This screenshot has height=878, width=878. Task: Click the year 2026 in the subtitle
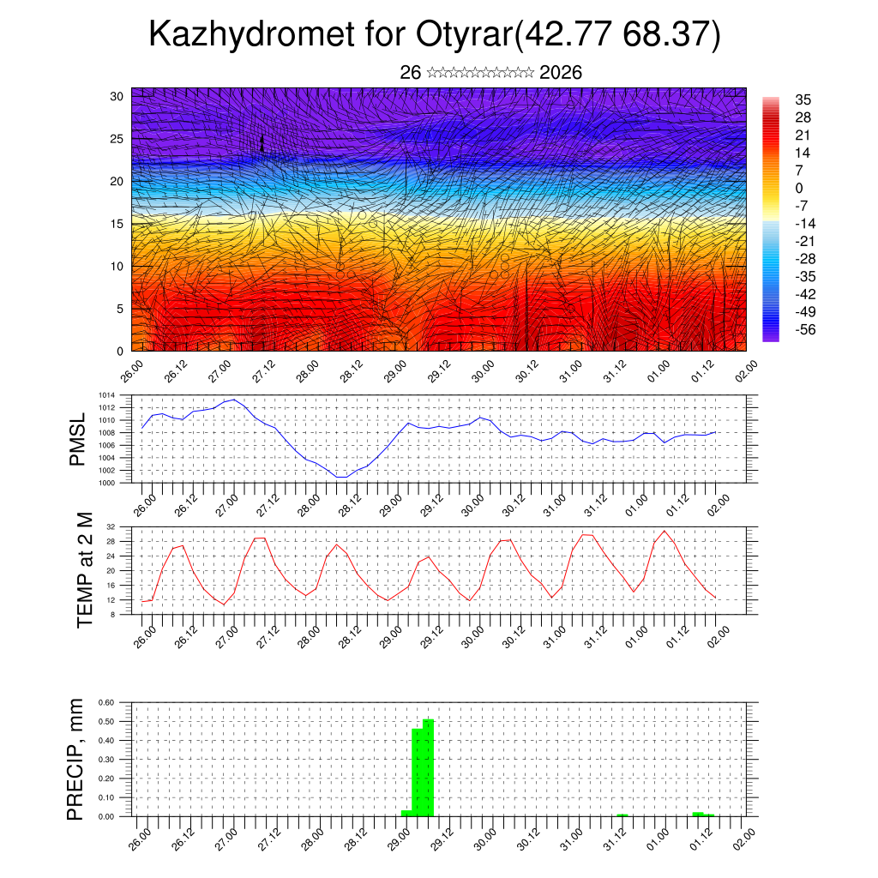[561, 73]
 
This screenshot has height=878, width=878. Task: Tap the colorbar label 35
[803, 99]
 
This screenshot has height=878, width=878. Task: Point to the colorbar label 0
[799, 188]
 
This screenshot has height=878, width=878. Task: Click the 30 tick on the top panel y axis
[117, 96]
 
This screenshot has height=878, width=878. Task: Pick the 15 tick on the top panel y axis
[117, 224]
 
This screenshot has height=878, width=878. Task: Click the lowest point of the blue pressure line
[341, 477]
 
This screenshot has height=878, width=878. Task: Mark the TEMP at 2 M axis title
[84, 570]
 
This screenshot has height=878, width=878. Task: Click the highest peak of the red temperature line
[664, 531]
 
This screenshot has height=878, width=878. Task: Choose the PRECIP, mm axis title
[76, 760]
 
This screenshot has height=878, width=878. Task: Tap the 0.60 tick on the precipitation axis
[106, 702]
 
